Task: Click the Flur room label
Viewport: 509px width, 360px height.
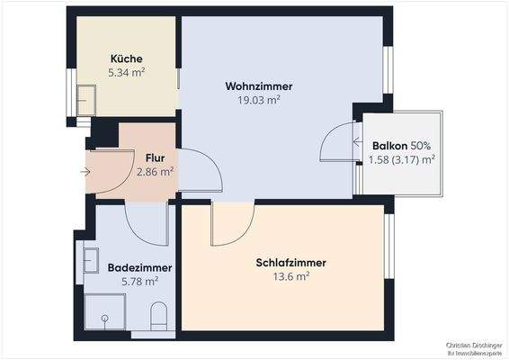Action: click(x=155, y=154)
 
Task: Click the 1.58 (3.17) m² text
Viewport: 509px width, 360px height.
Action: click(x=402, y=159)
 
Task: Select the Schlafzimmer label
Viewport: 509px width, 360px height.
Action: click(x=290, y=263)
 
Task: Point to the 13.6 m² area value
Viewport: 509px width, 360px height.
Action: click(x=290, y=276)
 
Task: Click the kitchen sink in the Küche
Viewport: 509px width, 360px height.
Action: click(x=87, y=98)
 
